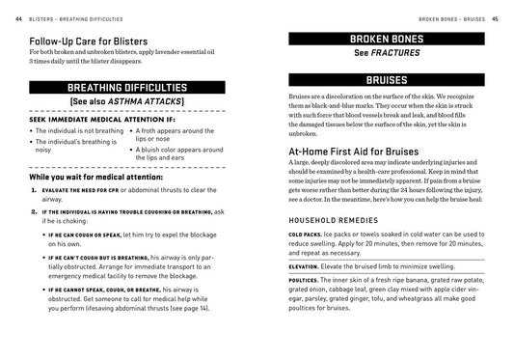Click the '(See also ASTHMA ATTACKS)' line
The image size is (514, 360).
122,103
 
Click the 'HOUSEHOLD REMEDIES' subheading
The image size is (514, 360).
334,219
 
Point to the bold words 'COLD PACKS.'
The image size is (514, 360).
307,235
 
